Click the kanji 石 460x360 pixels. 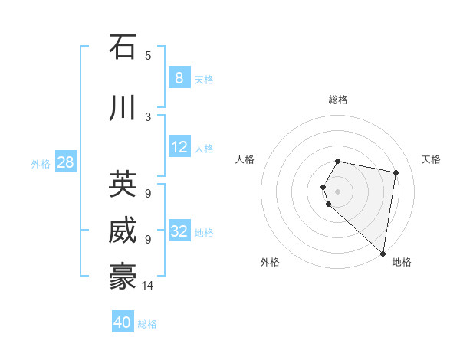pos(123,47)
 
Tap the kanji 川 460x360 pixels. pos(123,109)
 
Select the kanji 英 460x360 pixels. pos(123,184)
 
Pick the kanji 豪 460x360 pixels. pos(123,276)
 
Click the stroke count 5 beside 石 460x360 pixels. pos(148,55)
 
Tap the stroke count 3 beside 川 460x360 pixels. pos(148,116)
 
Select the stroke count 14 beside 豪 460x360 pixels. pos(149,286)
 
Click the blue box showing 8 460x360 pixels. pos(179,77)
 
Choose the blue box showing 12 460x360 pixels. pos(179,147)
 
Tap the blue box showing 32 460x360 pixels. pos(179,231)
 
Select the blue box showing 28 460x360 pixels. pos(65,162)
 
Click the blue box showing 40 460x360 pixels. pos(123,322)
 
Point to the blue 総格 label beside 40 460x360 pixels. pos(147,324)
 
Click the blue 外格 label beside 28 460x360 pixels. pos(40,164)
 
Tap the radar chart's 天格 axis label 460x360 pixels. pos(431,159)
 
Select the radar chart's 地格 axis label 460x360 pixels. pos(402,262)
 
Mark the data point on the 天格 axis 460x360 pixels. pos(396,173)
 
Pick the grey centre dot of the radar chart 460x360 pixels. pos(338,191)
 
